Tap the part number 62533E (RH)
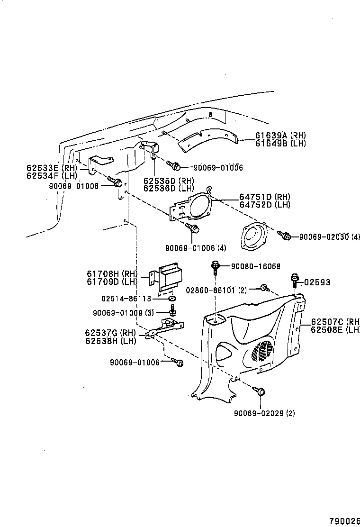point(51,167)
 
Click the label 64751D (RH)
point(264,197)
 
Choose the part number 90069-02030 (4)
point(329,236)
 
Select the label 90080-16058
point(255,266)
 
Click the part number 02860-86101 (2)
point(216,290)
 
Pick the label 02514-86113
point(126,299)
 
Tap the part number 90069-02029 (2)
point(264,413)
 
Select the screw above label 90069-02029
point(261,391)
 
